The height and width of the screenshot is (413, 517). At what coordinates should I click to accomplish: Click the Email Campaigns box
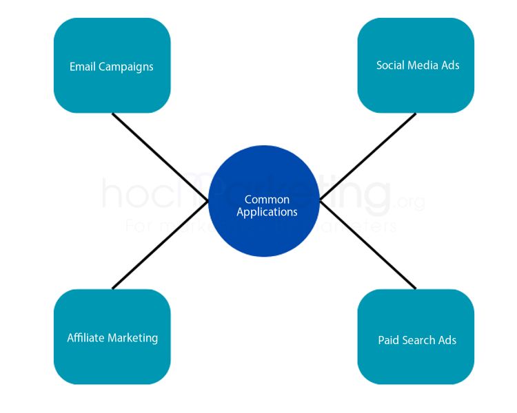[112, 65]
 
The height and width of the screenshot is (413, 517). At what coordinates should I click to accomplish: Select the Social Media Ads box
[416, 65]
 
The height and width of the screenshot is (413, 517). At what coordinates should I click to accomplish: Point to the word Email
[83, 67]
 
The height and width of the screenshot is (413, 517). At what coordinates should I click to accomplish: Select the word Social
[390, 65]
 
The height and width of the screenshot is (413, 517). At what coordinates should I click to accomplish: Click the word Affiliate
[87, 338]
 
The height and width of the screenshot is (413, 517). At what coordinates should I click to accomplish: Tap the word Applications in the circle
[267, 212]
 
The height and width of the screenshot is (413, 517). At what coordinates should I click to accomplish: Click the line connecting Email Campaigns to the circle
[160, 156]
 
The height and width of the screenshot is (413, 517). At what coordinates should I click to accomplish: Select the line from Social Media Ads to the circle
[368, 156]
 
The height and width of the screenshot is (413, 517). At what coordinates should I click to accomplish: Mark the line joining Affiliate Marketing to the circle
[160, 244]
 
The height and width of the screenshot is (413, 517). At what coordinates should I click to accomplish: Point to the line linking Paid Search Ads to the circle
[368, 244]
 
